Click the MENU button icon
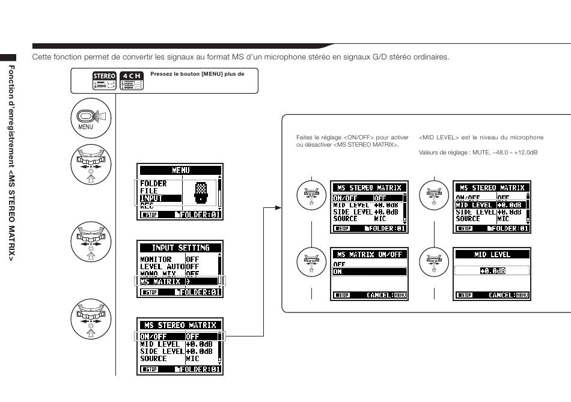(88, 118)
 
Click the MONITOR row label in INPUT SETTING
(156, 260)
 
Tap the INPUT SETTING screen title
(180, 248)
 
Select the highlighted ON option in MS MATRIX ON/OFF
(369, 272)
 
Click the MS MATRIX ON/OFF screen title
(369, 255)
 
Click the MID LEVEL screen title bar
(492, 255)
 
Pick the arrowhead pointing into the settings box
(277, 208)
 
